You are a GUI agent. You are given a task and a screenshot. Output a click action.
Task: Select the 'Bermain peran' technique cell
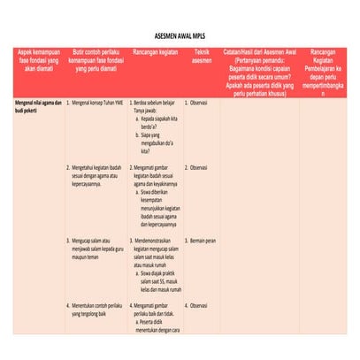point(203,240)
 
